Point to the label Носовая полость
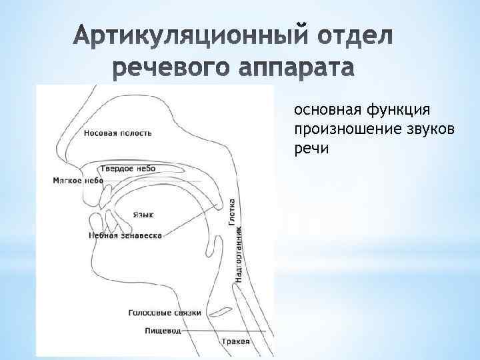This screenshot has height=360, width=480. click(118, 133)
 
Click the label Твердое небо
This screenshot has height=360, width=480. click(128, 169)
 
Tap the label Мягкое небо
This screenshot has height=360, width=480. click(78, 181)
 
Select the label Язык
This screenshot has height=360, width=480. click(143, 215)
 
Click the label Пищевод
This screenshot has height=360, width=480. click(163, 331)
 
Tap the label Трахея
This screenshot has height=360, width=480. click(236, 342)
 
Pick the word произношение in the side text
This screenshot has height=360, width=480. click(338, 129)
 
